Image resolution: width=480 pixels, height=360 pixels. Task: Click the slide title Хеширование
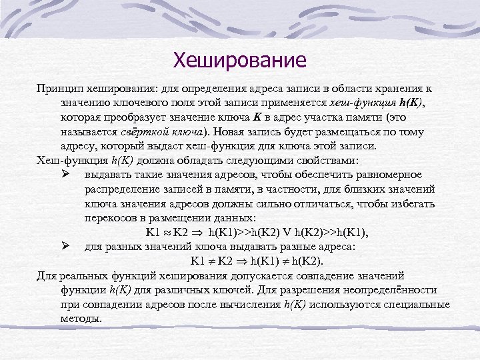point(239,61)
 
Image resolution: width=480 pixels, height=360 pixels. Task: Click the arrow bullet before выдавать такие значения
point(65,175)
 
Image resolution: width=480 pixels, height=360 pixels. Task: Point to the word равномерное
point(388,175)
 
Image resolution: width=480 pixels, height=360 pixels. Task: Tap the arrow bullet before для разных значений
point(65,246)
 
